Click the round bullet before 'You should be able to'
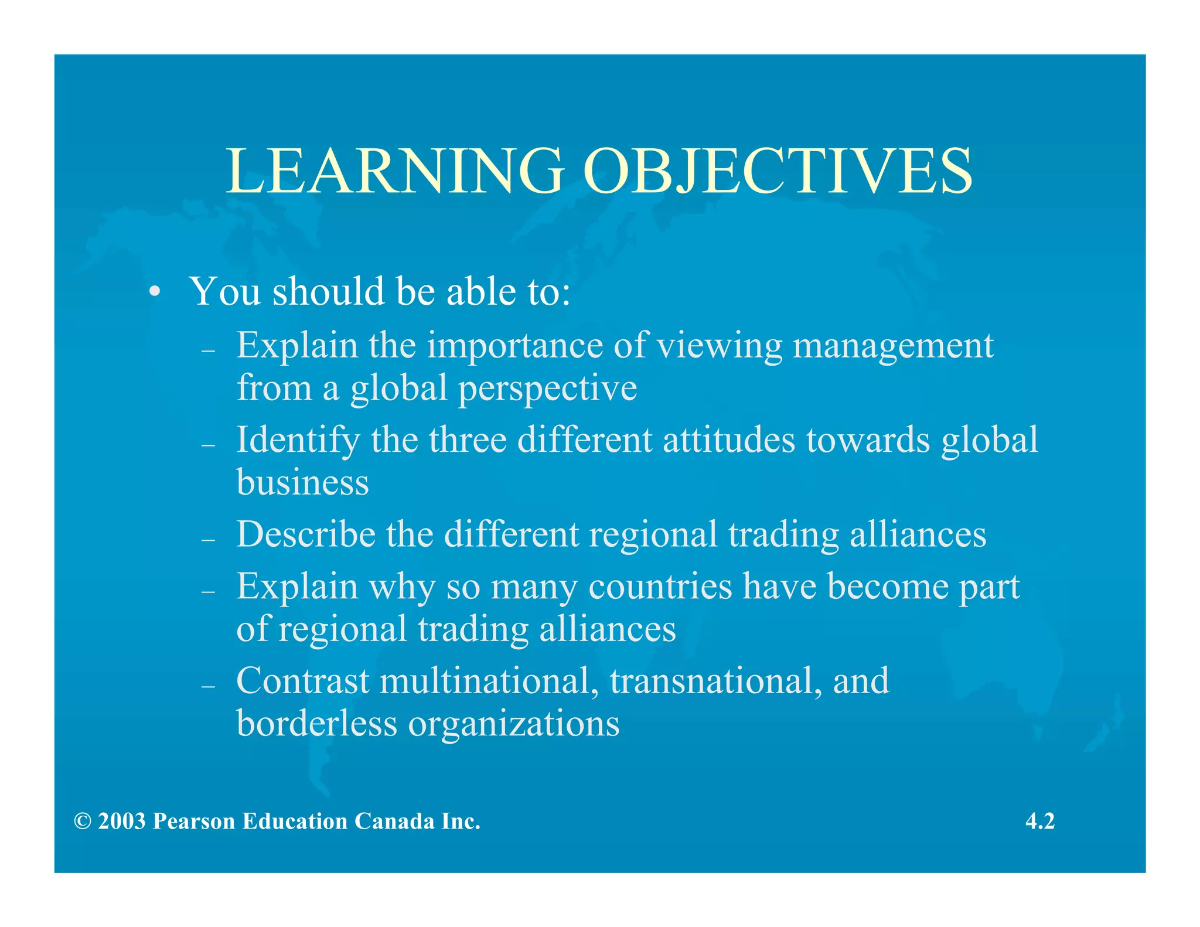click(x=154, y=292)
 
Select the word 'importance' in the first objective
click(x=514, y=346)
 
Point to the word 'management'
click(x=893, y=346)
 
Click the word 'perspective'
click(x=547, y=388)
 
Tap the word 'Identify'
click(x=298, y=440)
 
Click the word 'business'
click(x=302, y=482)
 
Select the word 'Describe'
click(x=306, y=534)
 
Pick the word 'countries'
click(x=660, y=587)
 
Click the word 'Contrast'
click(x=302, y=681)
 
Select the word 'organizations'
click(x=514, y=724)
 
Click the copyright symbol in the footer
click(x=83, y=822)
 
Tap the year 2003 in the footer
click(x=122, y=822)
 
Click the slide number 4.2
click(x=1040, y=822)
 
